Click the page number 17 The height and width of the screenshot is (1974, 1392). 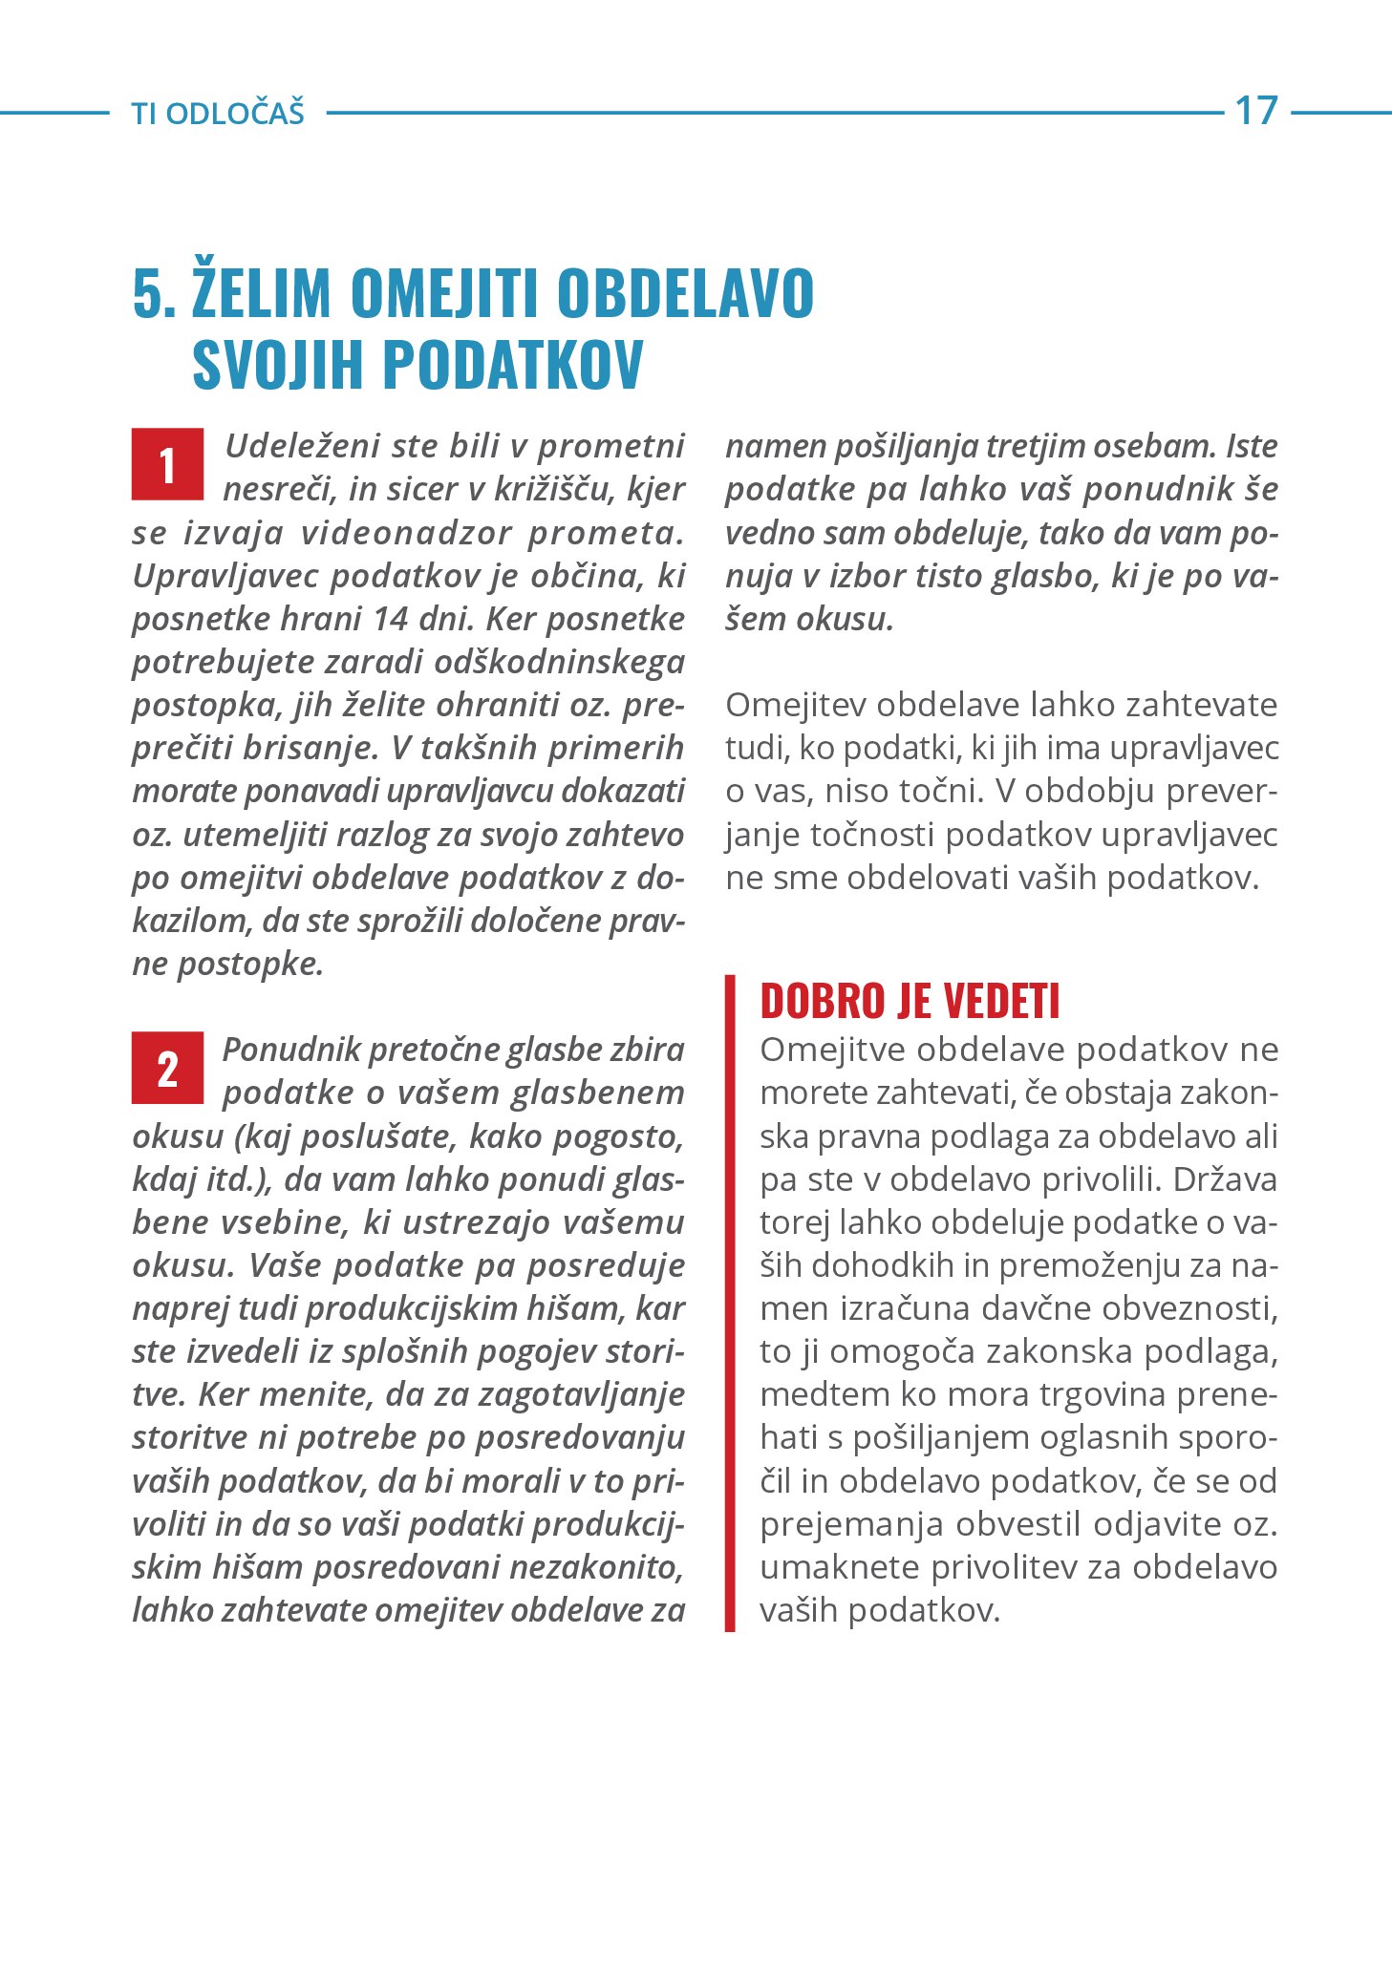(1255, 111)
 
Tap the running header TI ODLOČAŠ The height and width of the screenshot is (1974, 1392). (218, 114)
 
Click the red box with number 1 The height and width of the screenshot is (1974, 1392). (167, 464)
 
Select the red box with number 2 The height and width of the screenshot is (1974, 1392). (167, 1068)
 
